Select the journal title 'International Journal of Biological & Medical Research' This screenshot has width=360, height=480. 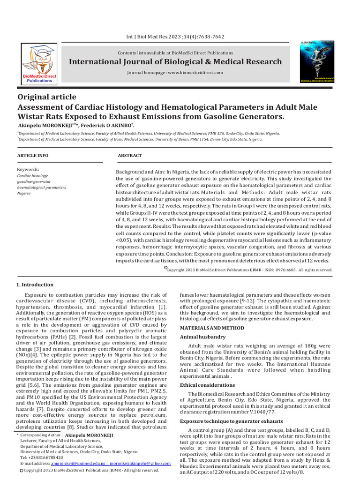point(175,62)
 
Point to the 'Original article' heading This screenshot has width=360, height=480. point(46,97)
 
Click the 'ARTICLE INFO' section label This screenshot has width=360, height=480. point(32,155)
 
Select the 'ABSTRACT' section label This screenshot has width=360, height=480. point(129,155)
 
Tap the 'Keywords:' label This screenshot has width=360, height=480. point(28,169)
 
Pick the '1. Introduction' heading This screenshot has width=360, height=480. point(35,285)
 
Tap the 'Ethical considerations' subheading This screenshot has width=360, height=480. point(208,385)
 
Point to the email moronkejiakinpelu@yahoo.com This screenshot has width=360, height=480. point(141,463)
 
